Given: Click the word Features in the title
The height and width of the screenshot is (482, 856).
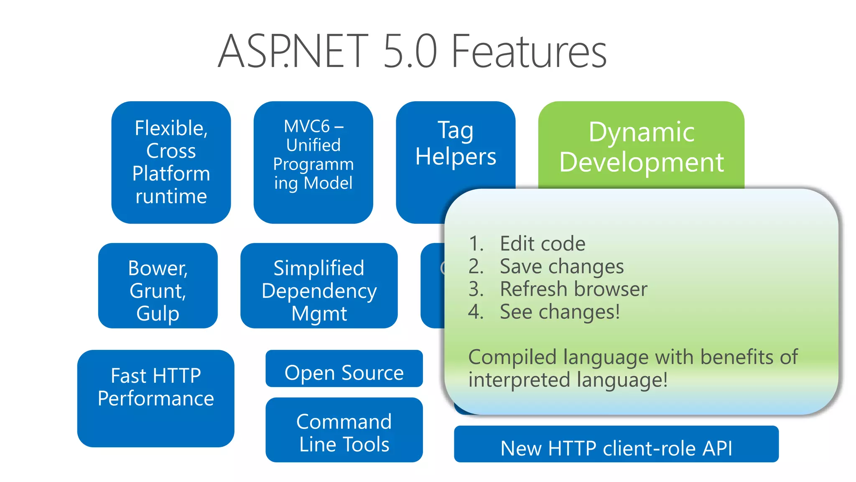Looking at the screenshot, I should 529,52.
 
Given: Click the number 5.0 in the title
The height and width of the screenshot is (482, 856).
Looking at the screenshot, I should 410,52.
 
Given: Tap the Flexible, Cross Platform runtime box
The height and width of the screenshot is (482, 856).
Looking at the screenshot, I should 171,162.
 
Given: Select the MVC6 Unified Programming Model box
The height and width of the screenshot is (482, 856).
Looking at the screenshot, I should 313,162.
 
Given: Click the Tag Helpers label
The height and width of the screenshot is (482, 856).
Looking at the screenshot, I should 456,144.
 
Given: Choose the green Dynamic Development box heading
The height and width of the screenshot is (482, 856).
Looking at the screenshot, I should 641,146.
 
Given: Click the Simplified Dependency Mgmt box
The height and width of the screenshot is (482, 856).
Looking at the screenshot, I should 319,290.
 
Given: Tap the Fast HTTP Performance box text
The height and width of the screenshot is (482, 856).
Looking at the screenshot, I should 155,387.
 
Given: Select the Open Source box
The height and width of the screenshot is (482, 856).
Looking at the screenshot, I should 344,372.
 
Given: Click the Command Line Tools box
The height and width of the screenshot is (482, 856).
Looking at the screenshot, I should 344,433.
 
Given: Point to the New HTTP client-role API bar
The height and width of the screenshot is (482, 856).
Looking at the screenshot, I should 616,448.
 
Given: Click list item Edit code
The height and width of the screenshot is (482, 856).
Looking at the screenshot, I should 543,244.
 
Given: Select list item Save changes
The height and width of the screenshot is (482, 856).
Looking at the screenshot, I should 562,267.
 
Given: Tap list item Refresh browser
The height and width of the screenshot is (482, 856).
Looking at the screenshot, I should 573,289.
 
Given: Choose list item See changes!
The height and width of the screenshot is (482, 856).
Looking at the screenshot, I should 560,312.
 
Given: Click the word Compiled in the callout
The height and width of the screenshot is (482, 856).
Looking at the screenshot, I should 512,357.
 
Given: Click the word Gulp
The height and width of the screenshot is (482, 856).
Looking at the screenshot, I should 158,313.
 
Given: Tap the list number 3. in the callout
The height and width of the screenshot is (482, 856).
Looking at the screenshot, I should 476,289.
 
